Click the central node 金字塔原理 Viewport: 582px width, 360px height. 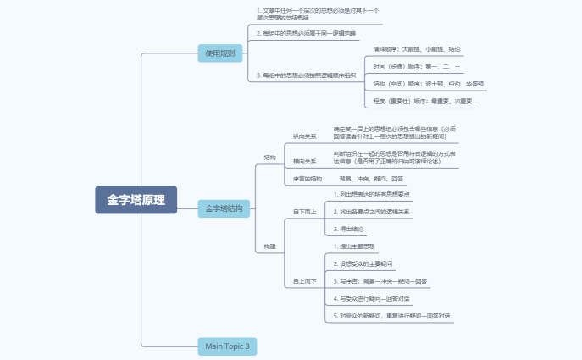(x=136, y=200)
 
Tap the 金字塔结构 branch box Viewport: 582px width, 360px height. (x=224, y=208)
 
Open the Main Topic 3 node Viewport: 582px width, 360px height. (x=227, y=346)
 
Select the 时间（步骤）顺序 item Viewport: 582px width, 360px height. (x=417, y=66)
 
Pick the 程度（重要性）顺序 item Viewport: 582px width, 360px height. (x=422, y=102)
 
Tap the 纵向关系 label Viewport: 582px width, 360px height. (x=304, y=136)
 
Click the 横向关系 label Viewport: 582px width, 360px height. (x=304, y=161)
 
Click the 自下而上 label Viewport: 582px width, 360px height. (x=302, y=211)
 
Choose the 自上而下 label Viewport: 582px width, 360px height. (x=302, y=280)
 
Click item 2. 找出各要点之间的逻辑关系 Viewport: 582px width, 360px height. (x=371, y=211)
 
